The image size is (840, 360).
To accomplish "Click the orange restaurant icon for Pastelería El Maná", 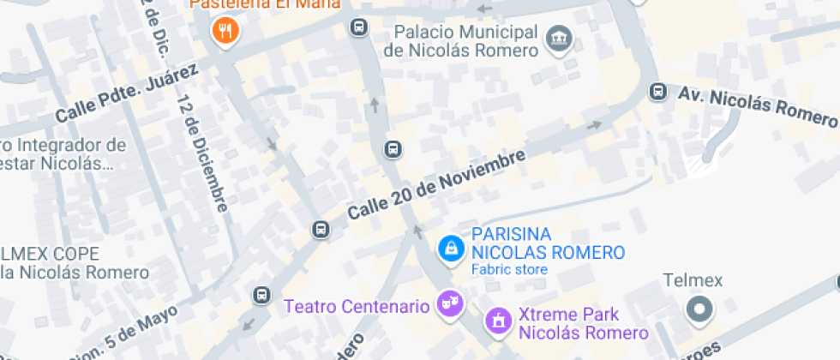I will [225, 33].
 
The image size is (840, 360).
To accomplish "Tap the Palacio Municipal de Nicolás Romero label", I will [461, 40].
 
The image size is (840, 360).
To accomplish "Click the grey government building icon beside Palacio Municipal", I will [560, 37].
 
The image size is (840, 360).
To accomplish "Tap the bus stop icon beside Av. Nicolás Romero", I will [658, 91].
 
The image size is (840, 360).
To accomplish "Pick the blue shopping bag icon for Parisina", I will [449, 249].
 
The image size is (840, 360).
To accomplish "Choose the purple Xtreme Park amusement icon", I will [495, 321].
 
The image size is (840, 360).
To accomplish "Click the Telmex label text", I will [694, 280].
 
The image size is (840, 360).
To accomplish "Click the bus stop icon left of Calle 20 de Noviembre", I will [321, 229].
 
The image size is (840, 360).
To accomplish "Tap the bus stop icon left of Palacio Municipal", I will [358, 28].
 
